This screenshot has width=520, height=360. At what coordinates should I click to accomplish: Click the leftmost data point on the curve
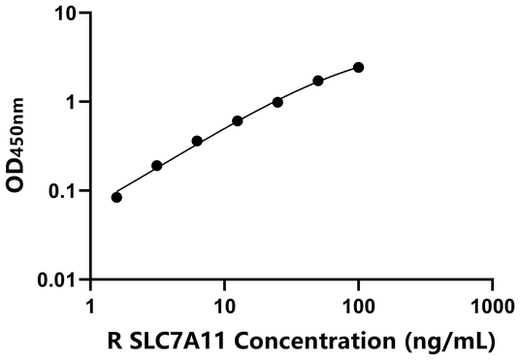(117, 197)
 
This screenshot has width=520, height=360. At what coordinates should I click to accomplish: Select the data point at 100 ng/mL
(359, 67)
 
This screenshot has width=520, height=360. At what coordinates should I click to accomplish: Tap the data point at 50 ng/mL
(318, 81)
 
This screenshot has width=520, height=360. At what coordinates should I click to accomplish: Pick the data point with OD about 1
(277, 102)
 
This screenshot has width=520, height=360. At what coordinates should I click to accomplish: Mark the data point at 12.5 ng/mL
(238, 120)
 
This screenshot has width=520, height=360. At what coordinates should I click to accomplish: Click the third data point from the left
(197, 141)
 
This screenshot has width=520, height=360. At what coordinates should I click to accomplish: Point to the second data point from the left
(157, 166)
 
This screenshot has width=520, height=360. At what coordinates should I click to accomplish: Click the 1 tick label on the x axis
(91, 304)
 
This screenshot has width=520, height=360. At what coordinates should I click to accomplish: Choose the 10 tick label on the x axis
(225, 304)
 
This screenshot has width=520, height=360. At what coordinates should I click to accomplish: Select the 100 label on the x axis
(359, 304)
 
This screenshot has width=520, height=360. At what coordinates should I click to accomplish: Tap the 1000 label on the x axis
(493, 304)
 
